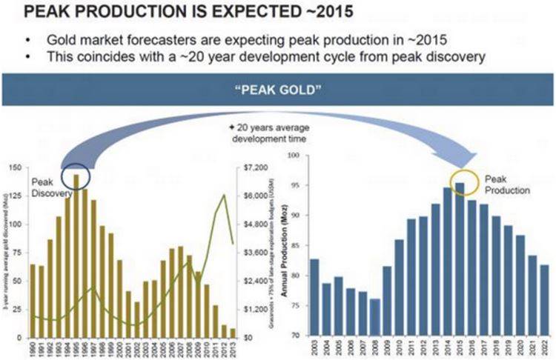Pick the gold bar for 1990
32,300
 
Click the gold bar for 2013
233,333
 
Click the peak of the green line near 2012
225,195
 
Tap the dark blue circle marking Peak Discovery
76,176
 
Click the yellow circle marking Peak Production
459,181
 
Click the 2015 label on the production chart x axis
459,349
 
